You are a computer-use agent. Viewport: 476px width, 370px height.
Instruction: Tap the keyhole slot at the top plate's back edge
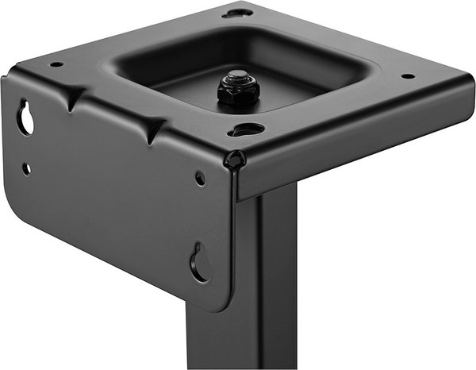(x=237, y=13)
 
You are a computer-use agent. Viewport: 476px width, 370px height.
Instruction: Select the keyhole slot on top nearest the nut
(x=248, y=129)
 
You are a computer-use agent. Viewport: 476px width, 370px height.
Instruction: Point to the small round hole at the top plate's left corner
(x=56, y=65)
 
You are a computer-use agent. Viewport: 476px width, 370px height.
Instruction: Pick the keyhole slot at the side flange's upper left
(x=26, y=118)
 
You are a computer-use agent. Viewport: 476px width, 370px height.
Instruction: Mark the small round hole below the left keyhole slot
(x=26, y=168)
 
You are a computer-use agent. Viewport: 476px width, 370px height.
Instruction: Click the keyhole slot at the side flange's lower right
(x=199, y=263)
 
